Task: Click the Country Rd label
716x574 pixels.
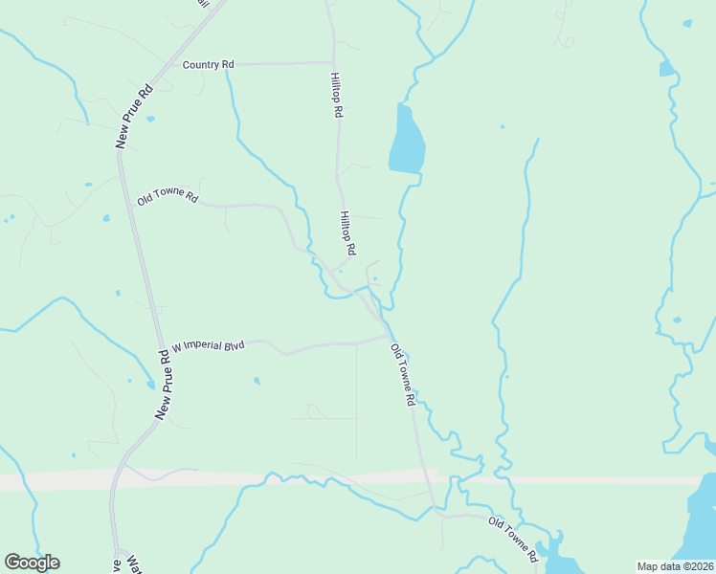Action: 209,64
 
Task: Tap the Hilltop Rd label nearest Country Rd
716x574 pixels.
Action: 336,94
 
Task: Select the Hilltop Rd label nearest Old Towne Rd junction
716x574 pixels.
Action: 347,233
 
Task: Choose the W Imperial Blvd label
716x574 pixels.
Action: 208,345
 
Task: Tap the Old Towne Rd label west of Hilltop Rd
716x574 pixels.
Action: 168,198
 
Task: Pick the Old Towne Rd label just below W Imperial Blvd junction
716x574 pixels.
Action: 403,376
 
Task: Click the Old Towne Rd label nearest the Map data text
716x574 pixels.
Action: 513,538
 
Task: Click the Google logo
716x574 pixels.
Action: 32,563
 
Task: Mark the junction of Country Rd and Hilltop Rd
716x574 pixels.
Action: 333,63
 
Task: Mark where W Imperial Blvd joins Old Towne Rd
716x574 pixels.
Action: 388,336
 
